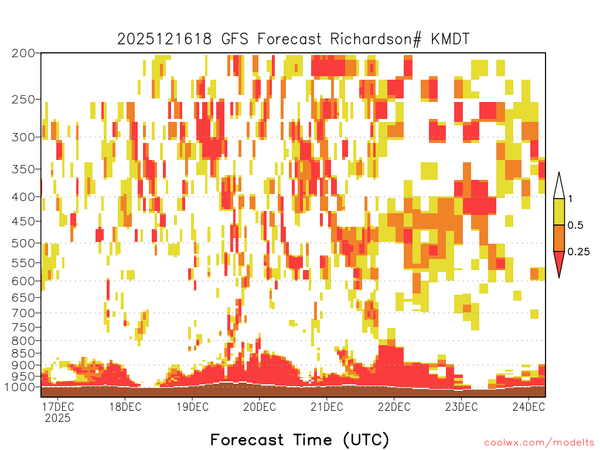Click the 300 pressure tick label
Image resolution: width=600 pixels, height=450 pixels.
tap(23, 137)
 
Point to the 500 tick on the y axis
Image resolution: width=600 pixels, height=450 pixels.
tap(23, 243)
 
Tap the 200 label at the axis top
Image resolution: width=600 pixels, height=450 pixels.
tap(23, 53)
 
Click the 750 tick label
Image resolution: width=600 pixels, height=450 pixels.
tap(23, 327)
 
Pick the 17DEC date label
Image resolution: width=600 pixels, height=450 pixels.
tap(57, 407)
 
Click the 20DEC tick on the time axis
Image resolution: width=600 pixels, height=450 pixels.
tap(260, 407)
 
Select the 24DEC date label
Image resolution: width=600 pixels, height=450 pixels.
tap(529, 407)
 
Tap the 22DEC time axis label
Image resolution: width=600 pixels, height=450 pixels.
tap(394, 407)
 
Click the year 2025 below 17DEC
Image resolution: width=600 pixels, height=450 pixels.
tap(58, 418)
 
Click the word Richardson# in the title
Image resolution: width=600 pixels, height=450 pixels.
tap(376, 39)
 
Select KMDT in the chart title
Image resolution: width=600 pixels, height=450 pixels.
tap(451, 39)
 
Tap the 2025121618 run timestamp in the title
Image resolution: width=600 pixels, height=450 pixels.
tap(164, 39)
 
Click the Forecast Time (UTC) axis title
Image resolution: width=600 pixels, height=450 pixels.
tap(299, 439)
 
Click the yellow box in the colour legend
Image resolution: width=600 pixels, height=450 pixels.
tap(559, 212)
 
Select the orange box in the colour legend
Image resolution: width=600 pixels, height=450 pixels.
tap(559, 238)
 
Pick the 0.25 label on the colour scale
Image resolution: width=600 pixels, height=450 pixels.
tap(578, 252)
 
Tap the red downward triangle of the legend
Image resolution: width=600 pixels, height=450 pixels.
tap(559, 261)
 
